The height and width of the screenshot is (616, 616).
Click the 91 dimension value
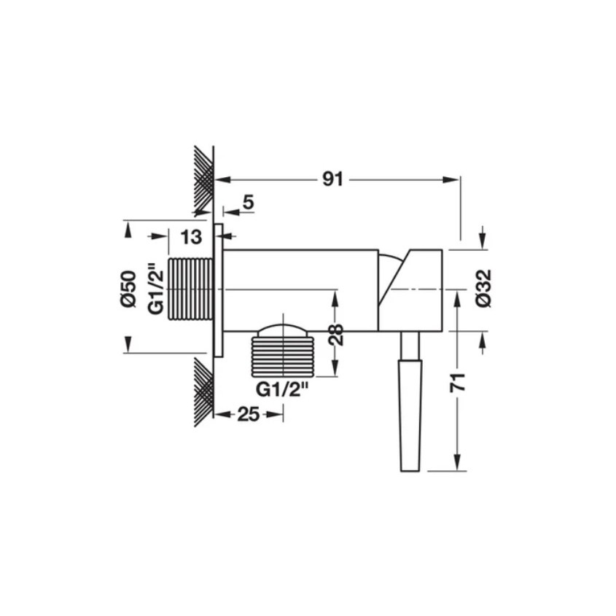[x=332, y=179]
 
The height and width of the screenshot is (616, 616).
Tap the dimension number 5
[x=249, y=203]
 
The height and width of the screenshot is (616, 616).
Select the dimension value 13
[x=191, y=237]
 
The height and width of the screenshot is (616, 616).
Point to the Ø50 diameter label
[x=128, y=289]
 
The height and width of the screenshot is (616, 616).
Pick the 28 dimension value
[x=336, y=335]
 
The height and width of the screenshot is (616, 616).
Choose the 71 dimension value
[x=458, y=383]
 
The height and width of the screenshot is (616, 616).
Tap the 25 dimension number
[x=249, y=414]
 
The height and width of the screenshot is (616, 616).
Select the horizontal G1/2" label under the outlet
[x=282, y=390]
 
